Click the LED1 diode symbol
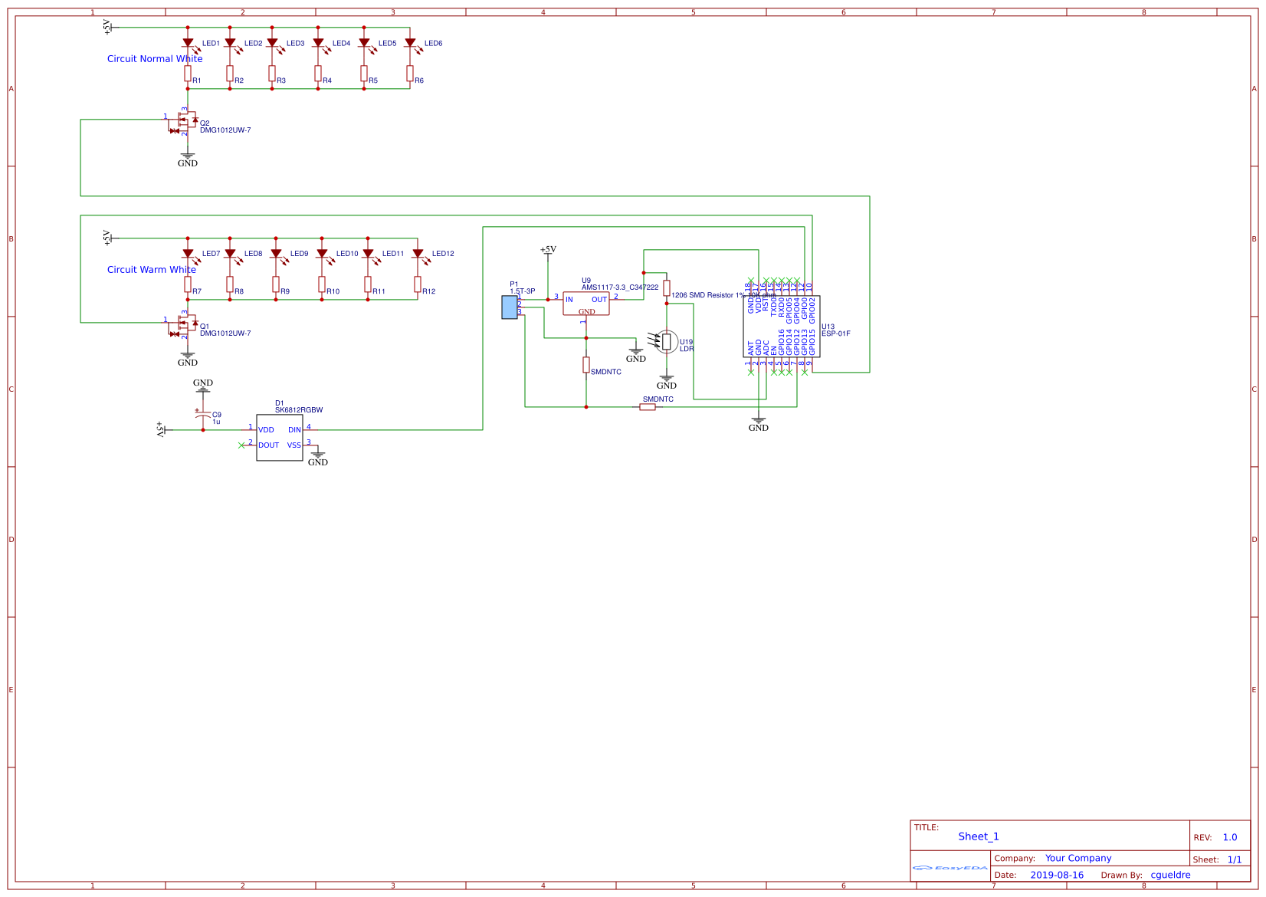[188, 44]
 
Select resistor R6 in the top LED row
[410, 74]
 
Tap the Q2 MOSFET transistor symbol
[185, 123]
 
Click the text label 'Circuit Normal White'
[155, 59]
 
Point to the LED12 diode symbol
[418, 254]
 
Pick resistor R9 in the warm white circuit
[276, 284]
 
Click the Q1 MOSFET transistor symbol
[185, 326]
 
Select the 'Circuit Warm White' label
[152, 270]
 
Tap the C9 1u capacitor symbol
[203, 415]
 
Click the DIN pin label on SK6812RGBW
[294, 430]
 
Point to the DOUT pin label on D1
[269, 445]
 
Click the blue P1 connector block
[510, 307]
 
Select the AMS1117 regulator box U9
[586, 304]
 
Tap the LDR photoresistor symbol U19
[667, 341]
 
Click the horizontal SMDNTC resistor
[648, 407]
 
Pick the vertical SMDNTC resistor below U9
[586, 365]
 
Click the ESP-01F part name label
[836, 334]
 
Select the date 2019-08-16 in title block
[1057, 875]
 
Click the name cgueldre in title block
[1170, 875]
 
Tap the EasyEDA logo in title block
[950, 868]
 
